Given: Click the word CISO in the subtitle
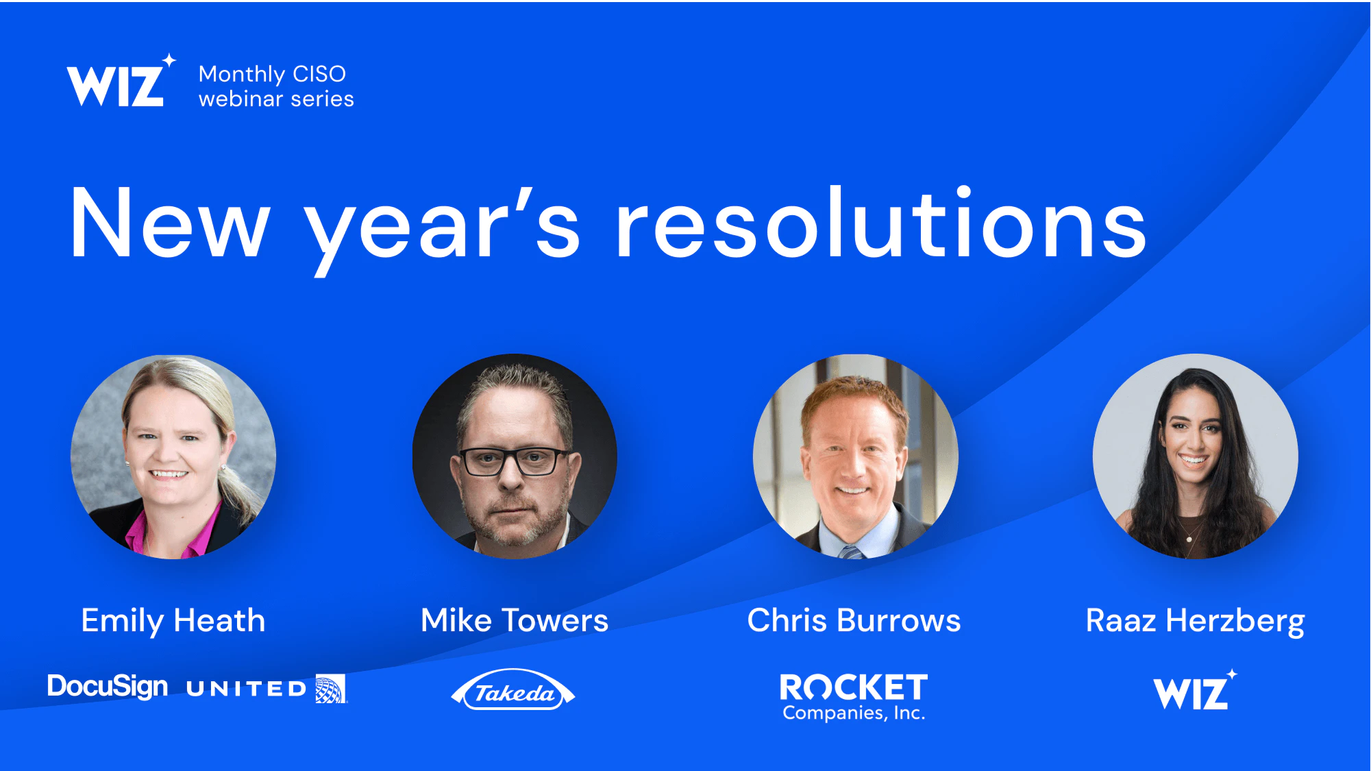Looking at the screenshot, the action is pyautogui.click(x=319, y=74).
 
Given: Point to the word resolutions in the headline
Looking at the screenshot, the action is pyautogui.click(x=881, y=223).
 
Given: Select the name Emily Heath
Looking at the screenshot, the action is pyautogui.click(x=173, y=622).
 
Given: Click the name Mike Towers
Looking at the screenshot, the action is pyautogui.click(x=515, y=621).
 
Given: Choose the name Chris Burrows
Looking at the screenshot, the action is pyautogui.click(x=854, y=621).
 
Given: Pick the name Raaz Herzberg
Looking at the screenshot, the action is pyautogui.click(x=1196, y=622).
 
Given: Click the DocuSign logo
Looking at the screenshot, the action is pyautogui.click(x=108, y=687).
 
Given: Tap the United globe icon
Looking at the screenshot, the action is pyautogui.click(x=331, y=689).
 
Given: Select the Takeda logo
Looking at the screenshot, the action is pyautogui.click(x=513, y=690).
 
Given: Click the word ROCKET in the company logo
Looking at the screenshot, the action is pyautogui.click(x=854, y=687).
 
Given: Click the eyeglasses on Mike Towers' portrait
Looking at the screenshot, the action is pyautogui.click(x=515, y=461).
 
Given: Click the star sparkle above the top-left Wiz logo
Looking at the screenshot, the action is pyautogui.click(x=169, y=60).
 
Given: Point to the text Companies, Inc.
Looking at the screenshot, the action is pyautogui.click(x=854, y=713).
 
